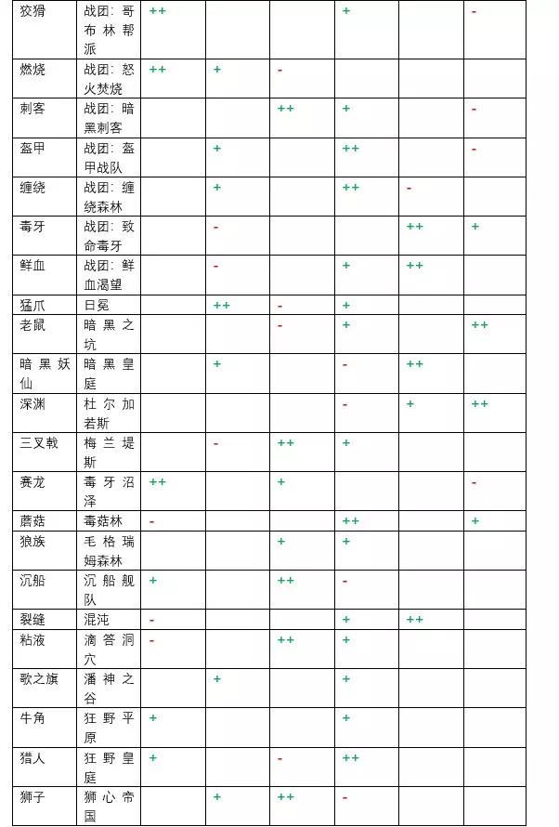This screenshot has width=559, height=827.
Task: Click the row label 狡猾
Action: click(32, 11)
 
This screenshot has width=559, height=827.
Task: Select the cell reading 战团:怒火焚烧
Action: click(109, 79)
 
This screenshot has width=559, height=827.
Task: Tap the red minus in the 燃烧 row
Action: click(279, 70)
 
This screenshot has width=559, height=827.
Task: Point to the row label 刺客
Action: click(32, 109)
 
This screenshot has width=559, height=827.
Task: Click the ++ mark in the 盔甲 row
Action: click(350, 148)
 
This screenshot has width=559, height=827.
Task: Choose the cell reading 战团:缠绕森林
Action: click(109, 197)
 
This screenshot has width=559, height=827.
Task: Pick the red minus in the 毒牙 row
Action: click(215, 227)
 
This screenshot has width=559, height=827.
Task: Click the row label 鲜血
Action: click(32, 266)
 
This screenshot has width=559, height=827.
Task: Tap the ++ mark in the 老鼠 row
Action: click(479, 324)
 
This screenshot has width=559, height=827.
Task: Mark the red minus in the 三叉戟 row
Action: click(215, 443)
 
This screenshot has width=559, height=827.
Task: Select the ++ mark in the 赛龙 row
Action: click(157, 481)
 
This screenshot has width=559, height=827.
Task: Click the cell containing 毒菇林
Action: click(102, 521)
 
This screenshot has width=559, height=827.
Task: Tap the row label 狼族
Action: click(32, 541)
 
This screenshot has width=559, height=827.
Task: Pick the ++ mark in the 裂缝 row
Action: click(414, 619)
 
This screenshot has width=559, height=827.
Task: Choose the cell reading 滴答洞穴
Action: click(109, 650)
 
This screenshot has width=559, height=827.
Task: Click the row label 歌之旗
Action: click(38, 678)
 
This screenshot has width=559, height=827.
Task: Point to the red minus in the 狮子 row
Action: click(344, 797)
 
